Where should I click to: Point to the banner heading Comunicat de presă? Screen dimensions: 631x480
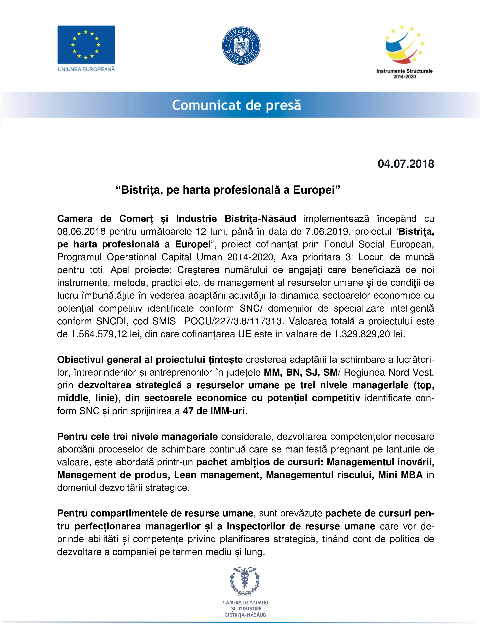point(237,105)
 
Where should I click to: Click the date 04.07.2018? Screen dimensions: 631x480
point(406,164)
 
